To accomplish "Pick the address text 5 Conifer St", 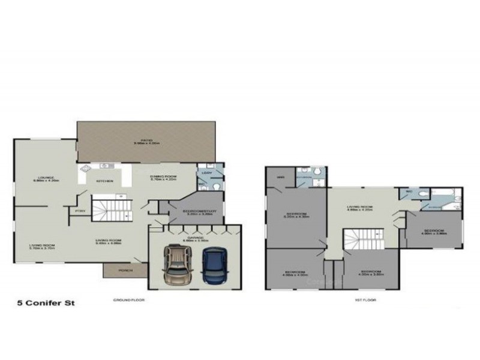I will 39,304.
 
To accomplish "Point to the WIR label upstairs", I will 280,178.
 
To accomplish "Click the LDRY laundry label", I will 206,173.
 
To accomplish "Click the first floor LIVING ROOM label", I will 360,208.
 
